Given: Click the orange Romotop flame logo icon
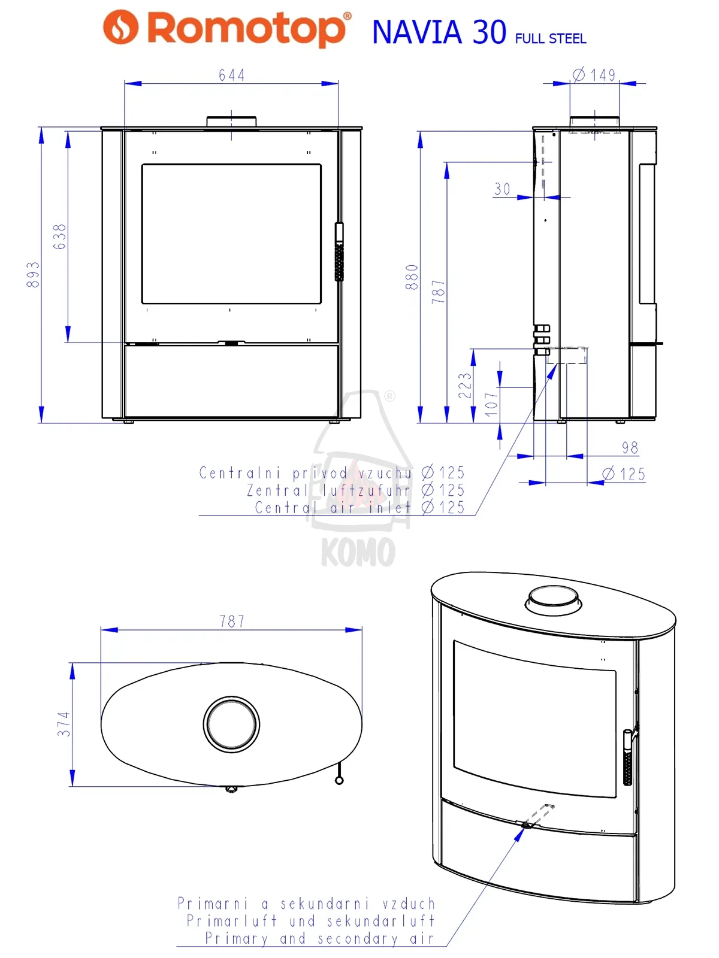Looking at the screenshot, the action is (120, 27).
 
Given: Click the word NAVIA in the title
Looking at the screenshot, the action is (417, 32).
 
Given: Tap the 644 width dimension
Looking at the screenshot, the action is (231, 75).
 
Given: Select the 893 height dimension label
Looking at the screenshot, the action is (33, 274).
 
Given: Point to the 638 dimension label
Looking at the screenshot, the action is (59, 237).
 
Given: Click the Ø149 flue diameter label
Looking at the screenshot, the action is (594, 75).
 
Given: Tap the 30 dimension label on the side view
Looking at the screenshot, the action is (502, 189).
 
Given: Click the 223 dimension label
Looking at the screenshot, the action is (465, 386).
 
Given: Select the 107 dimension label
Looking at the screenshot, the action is (491, 404).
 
